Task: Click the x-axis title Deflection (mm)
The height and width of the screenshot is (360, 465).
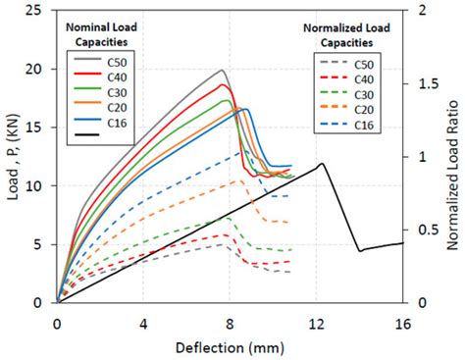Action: [230, 346]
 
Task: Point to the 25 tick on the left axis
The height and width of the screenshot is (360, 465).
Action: [40, 11]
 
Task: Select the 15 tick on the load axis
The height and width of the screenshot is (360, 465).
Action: [40, 128]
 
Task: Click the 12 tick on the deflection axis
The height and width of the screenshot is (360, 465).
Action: [317, 324]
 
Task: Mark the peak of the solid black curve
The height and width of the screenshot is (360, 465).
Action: [322, 164]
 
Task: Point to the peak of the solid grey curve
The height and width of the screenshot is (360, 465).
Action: [222, 71]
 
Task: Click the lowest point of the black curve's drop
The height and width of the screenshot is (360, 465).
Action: [360, 251]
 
